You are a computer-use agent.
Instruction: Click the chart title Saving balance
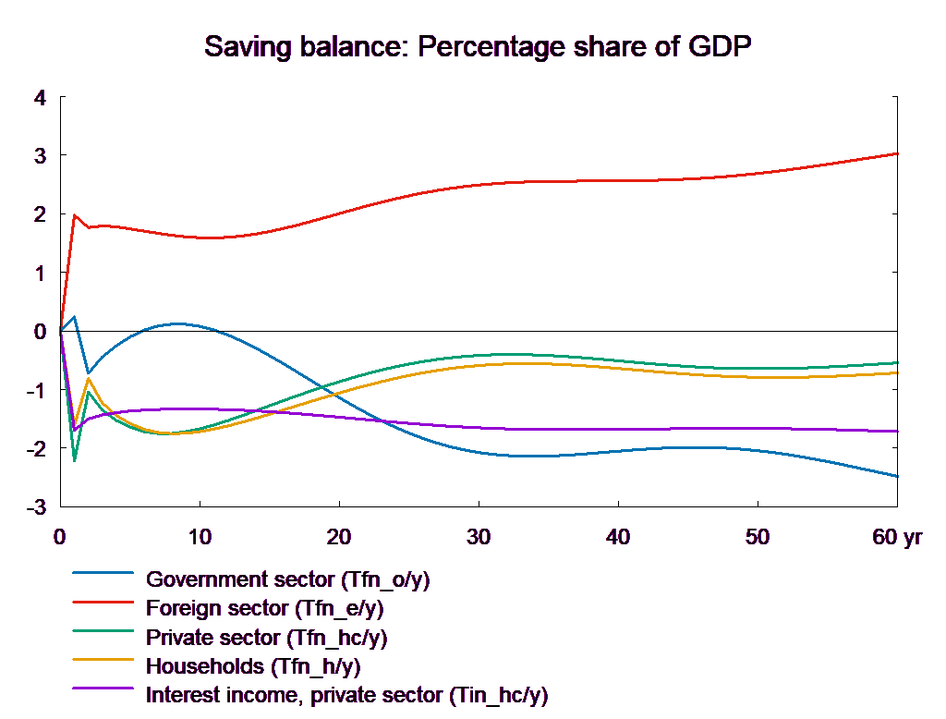[x=479, y=47]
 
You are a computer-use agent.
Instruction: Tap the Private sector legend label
[x=267, y=638]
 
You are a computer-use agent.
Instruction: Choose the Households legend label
[x=253, y=666]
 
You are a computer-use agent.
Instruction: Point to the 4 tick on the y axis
[x=40, y=97]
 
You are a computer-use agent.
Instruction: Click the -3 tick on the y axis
[x=37, y=507]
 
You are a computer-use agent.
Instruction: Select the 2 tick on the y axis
[x=40, y=214]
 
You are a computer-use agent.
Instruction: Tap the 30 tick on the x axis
[x=478, y=537]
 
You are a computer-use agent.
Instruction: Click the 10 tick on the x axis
[x=199, y=537]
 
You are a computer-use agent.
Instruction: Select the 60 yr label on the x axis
[x=897, y=537]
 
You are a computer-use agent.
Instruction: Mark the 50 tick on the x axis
[x=758, y=537]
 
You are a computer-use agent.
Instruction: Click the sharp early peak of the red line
[x=75, y=215]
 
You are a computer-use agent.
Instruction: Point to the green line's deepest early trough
[x=75, y=459]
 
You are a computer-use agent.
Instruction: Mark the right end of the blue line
[x=898, y=476]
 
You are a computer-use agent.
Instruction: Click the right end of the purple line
[x=898, y=432]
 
